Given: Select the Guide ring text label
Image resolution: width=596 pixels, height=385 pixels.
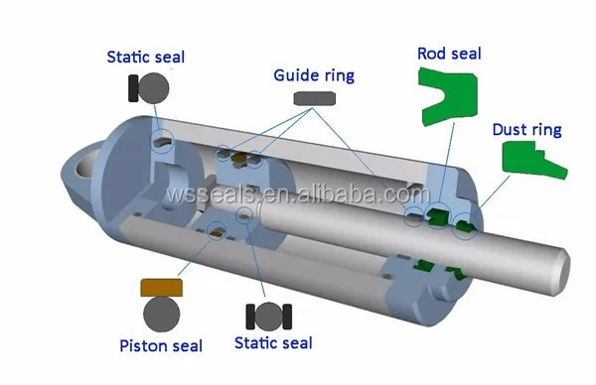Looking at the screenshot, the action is click(315, 74).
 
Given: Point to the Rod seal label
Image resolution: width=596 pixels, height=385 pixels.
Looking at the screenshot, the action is click(449, 54).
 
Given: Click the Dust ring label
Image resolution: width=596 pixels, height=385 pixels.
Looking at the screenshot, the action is click(526, 130).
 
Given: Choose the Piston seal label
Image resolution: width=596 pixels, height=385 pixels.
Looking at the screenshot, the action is click(160, 345).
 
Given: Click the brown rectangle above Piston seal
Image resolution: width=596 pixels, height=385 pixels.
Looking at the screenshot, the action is click(160, 289).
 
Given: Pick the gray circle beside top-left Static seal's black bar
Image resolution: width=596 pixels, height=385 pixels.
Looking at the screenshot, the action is click(155, 89).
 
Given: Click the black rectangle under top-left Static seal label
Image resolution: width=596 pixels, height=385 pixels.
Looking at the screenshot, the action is click(132, 89).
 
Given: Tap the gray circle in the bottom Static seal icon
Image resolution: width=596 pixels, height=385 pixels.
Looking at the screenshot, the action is click(268, 317).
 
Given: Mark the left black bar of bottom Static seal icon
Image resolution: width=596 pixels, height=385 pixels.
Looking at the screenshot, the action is click(250, 317).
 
